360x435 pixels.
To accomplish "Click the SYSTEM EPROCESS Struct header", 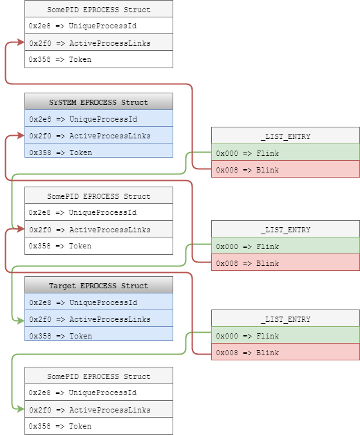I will pyautogui.click(x=99, y=102).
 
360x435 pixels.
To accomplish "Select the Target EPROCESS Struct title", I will pyautogui.click(x=99, y=286).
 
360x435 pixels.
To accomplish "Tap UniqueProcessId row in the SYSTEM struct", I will pyautogui.click(x=99, y=119).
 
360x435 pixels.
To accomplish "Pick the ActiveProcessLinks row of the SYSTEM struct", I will pyautogui.click(x=99, y=136).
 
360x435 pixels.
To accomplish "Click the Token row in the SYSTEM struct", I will pyautogui.click(x=99, y=153).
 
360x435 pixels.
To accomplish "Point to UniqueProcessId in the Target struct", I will pyautogui.click(x=99, y=302).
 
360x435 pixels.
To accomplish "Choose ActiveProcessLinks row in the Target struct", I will pyautogui.click(x=99, y=319).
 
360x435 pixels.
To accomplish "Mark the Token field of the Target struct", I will pyautogui.click(x=99, y=336).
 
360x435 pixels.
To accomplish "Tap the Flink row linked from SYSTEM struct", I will pyautogui.click(x=285, y=154).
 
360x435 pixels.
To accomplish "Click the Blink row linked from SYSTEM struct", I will pyautogui.click(x=285, y=171).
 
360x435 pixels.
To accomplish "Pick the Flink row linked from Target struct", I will pyautogui.click(x=285, y=336).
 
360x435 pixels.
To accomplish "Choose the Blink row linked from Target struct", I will pyautogui.click(x=285, y=353).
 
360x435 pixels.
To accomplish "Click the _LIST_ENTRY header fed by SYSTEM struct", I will pyautogui.click(x=285, y=136).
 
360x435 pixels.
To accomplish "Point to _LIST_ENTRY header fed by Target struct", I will pyautogui.click(x=285, y=319).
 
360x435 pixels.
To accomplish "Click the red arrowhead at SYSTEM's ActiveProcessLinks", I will pyautogui.click(x=21, y=136).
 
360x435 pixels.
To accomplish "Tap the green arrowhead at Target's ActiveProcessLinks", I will pyautogui.click(x=21, y=319).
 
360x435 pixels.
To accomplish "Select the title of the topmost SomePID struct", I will pyautogui.click(x=99, y=10).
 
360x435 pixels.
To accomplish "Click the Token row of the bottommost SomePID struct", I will pyautogui.click(x=99, y=426).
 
